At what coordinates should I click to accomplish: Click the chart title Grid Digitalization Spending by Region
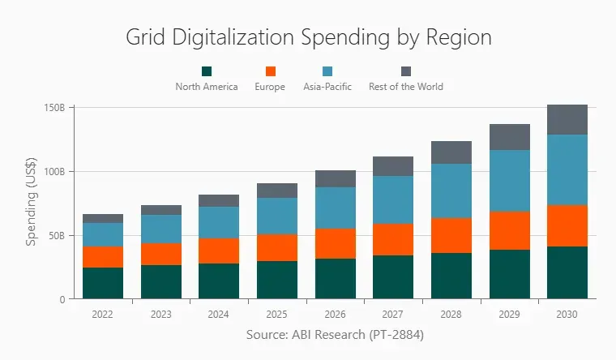click(308, 37)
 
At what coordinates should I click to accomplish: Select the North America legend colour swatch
click(207, 71)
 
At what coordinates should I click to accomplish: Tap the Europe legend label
click(270, 87)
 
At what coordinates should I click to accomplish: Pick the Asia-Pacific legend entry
click(327, 87)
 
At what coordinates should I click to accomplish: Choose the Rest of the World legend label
click(405, 87)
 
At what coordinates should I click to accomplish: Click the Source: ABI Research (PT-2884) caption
click(335, 334)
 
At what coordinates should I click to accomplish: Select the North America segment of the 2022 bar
click(103, 283)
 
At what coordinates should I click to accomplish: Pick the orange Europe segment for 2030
click(567, 225)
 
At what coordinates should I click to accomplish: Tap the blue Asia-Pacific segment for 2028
click(451, 191)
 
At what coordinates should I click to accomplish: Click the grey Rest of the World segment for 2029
click(510, 137)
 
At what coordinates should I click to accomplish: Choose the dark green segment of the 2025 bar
click(277, 280)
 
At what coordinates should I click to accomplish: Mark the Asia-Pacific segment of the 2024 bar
click(219, 222)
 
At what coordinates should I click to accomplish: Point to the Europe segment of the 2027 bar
click(393, 239)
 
